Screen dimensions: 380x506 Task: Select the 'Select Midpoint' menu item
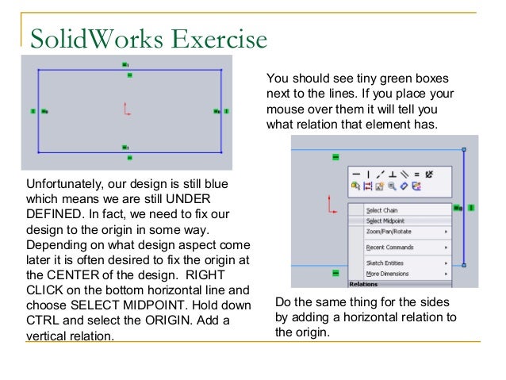coord(385,221)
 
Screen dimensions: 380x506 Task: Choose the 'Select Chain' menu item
coord(381,210)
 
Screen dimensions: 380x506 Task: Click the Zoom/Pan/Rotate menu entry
coord(389,231)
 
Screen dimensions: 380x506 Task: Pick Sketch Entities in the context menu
coord(385,263)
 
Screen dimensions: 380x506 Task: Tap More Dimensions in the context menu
coord(387,273)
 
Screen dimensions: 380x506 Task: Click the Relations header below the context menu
coord(364,283)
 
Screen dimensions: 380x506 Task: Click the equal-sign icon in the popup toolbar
coord(416,173)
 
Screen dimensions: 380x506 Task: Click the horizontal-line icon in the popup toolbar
coord(356,173)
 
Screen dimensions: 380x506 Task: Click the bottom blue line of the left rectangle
coord(79,152)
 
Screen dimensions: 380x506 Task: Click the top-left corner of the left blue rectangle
coord(39,70)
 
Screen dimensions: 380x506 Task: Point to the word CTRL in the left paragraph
coord(43,320)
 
